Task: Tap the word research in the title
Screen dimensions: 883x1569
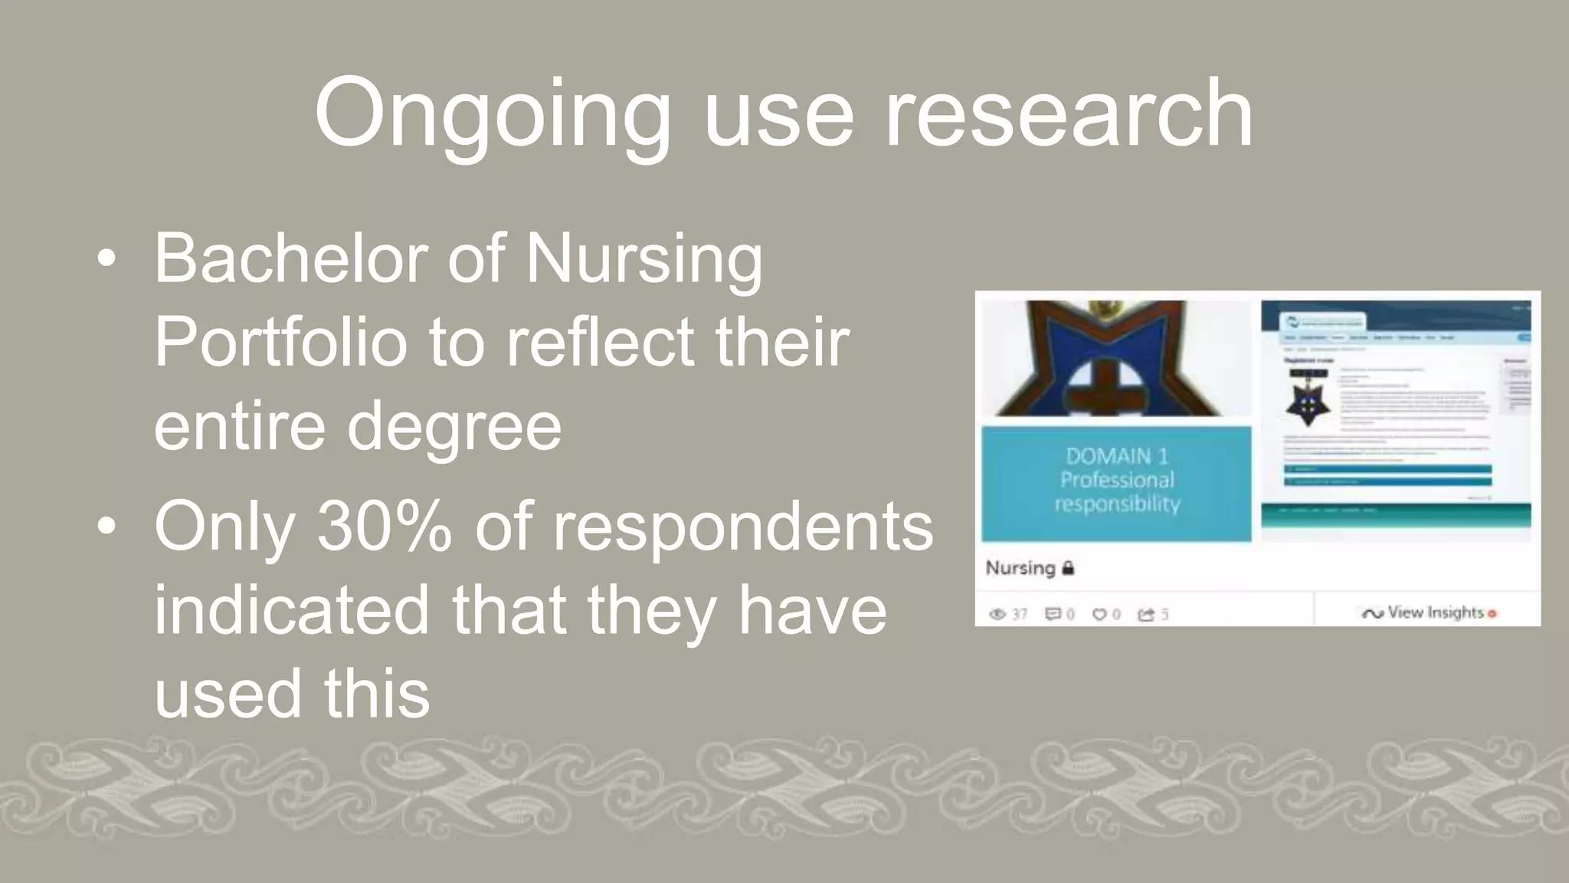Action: (x=1069, y=113)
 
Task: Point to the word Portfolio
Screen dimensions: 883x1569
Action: (x=280, y=342)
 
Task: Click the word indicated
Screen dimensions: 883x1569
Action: (x=291, y=610)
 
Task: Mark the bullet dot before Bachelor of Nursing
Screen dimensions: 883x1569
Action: (x=106, y=259)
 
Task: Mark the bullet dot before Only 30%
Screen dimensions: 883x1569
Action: (x=106, y=527)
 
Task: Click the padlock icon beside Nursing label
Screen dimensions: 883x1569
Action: (x=1068, y=568)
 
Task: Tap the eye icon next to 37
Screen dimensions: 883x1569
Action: (x=997, y=614)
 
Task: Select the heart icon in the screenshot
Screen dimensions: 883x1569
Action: (x=1099, y=614)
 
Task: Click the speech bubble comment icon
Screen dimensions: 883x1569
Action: (x=1053, y=614)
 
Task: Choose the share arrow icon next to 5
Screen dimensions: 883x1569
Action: (x=1146, y=614)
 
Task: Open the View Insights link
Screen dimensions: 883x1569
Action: (x=1435, y=612)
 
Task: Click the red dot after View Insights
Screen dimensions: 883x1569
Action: (x=1492, y=614)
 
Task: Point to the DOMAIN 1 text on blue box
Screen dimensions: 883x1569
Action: (x=1116, y=456)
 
